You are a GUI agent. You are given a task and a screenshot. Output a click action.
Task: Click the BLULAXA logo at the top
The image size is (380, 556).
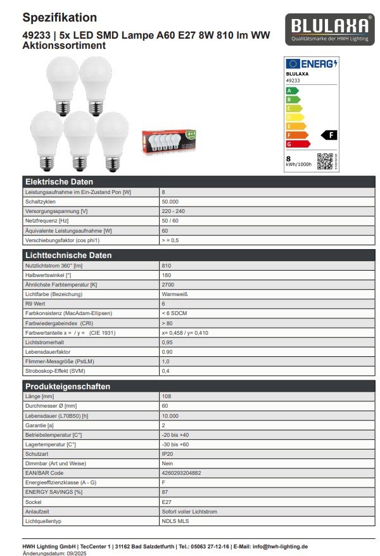[x=329, y=29]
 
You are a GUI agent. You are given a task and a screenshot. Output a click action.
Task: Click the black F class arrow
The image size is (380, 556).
[x=329, y=135]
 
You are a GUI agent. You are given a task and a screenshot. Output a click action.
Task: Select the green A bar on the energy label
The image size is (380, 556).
[x=292, y=90]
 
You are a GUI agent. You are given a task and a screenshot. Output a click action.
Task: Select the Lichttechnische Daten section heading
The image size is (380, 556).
[x=68, y=255]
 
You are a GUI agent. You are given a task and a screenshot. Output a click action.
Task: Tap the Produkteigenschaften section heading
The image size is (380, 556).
[x=67, y=387]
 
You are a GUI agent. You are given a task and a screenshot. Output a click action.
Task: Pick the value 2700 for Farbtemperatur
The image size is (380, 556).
[x=168, y=285]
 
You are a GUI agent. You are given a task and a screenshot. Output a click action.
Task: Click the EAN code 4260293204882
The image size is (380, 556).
[x=182, y=473]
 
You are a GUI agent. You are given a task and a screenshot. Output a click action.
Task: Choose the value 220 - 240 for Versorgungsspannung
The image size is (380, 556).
[x=174, y=211]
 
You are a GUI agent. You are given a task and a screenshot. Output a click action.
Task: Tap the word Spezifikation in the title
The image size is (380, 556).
[x=60, y=18]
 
